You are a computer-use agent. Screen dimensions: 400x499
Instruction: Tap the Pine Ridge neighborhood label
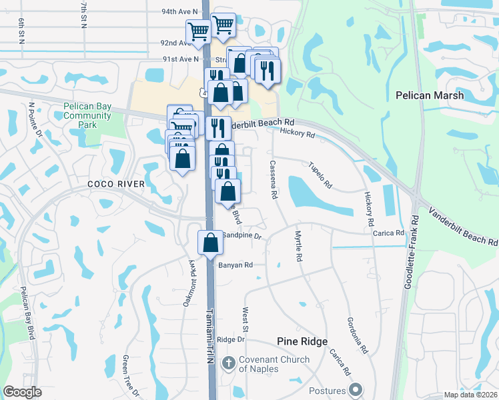(x=302, y=341)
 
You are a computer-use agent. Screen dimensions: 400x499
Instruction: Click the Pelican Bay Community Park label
(x=87, y=115)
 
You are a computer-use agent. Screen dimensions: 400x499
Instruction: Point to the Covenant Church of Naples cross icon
(x=228, y=364)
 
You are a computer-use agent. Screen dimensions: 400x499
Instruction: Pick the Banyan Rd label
(x=235, y=265)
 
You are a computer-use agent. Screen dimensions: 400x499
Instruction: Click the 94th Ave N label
(x=179, y=12)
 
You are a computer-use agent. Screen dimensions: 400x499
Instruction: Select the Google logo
(x=22, y=392)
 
